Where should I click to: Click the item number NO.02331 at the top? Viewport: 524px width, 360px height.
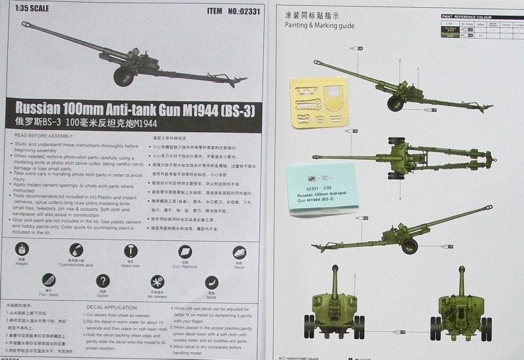pos(242,11)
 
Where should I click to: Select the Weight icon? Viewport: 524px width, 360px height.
pos(22,250)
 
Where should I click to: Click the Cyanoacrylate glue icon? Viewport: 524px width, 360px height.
pos(77,250)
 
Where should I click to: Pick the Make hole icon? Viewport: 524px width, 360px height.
pos(131,251)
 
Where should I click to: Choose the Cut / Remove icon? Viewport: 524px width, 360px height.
pos(185,252)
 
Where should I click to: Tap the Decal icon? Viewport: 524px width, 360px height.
pos(239,253)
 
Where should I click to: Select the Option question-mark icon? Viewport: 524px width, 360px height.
pos(102,281)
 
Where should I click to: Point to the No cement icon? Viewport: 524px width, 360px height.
pos(157,282)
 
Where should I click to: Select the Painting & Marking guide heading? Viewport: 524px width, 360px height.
pos(319,26)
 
